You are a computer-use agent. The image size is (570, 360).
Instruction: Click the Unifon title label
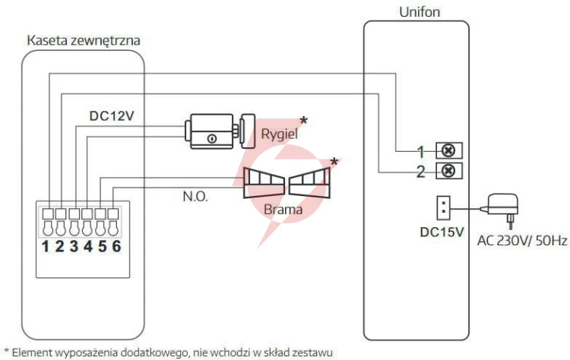pyautogui.click(x=420, y=12)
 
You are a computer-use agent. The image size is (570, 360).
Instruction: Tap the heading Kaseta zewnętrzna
pyautogui.click(x=84, y=40)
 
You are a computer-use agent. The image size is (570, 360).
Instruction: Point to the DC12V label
pyautogui.click(x=112, y=116)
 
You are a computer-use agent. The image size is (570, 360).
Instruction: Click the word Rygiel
pyautogui.click(x=279, y=134)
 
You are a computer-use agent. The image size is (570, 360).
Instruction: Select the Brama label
pyautogui.click(x=283, y=210)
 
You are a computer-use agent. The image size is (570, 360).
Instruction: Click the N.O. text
pyautogui.click(x=195, y=197)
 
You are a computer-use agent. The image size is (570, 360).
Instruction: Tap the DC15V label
pyautogui.click(x=442, y=232)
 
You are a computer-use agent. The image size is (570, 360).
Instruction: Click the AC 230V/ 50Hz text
pyautogui.click(x=522, y=241)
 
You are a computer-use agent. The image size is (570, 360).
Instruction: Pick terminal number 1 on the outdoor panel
pyautogui.click(x=45, y=246)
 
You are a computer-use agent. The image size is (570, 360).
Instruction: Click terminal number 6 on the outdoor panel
pyautogui.click(x=116, y=246)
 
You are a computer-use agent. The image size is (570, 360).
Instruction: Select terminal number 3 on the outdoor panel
pyautogui.click(x=74, y=246)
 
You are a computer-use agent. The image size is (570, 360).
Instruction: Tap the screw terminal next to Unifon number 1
pyautogui.click(x=449, y=150)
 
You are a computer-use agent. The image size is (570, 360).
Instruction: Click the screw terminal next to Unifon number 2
pyautogui.click(x=449, y=170)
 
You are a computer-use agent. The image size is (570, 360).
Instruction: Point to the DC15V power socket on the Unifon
pyautogui.click(x=443, y=208)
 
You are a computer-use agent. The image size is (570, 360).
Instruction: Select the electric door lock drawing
pyautogui.click(x=220, y=131)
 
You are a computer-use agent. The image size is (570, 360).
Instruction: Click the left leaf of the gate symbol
pyautogui.click(x=264, y=183)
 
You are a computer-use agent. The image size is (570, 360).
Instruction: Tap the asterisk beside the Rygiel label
pyautogui.click(x=303, y=121)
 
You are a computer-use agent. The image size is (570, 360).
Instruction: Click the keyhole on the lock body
pyautogui.click(x=212, y=138)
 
